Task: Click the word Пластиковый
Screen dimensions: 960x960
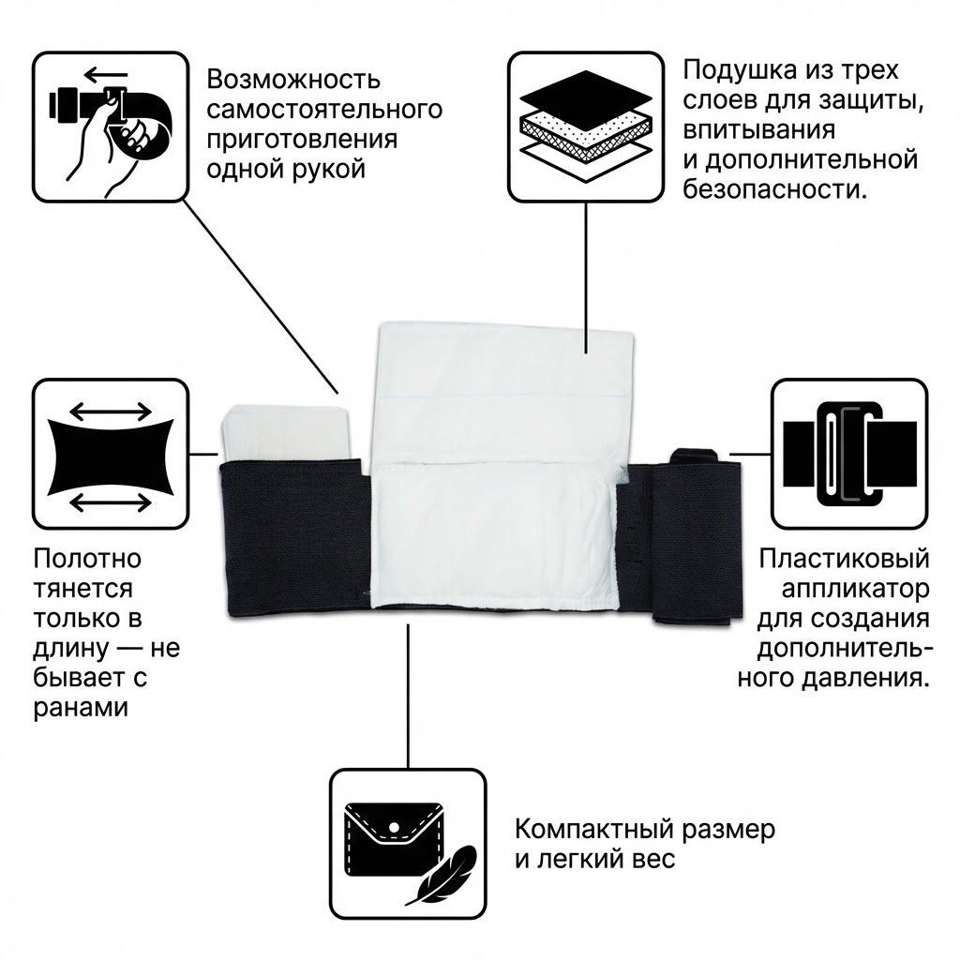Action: [844, 560]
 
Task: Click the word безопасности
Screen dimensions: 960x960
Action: [774, 190]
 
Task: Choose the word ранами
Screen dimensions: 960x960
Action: [80, 708]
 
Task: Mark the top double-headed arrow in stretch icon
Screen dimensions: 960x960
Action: [111, 411]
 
